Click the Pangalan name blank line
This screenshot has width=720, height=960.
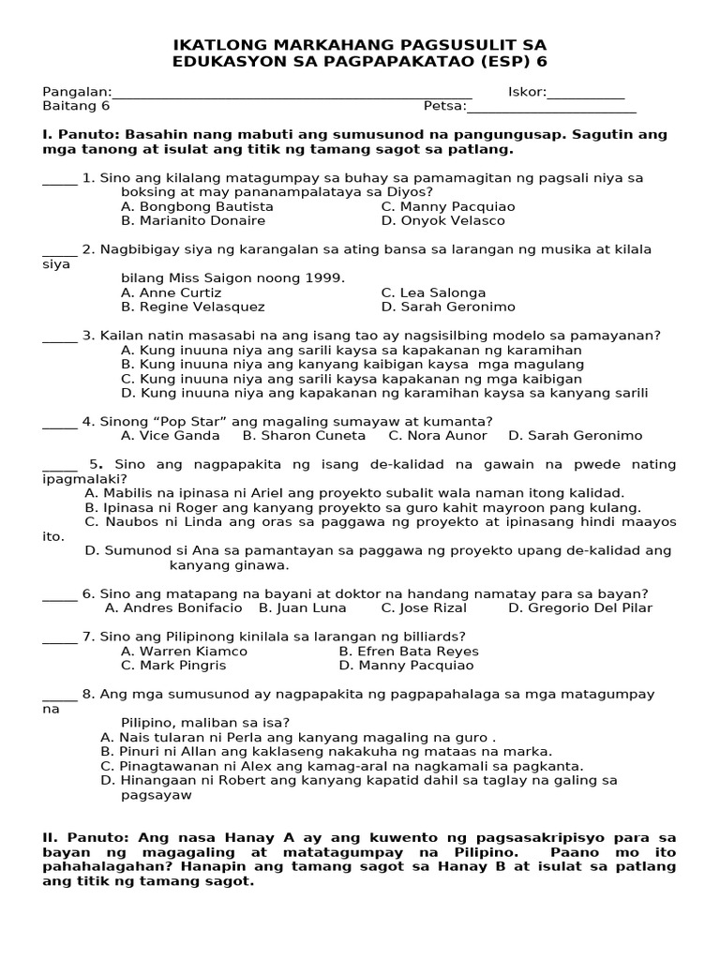coord(291,95)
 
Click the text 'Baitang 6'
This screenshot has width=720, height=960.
coord(76,107)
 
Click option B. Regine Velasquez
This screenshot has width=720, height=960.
coord(193,307)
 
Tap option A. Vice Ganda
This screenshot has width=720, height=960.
coord(171,436)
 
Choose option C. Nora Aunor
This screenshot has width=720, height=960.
coord(438,436)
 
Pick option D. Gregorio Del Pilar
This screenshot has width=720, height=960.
coord(580,608)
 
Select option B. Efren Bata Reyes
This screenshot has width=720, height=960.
coord(409,652)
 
